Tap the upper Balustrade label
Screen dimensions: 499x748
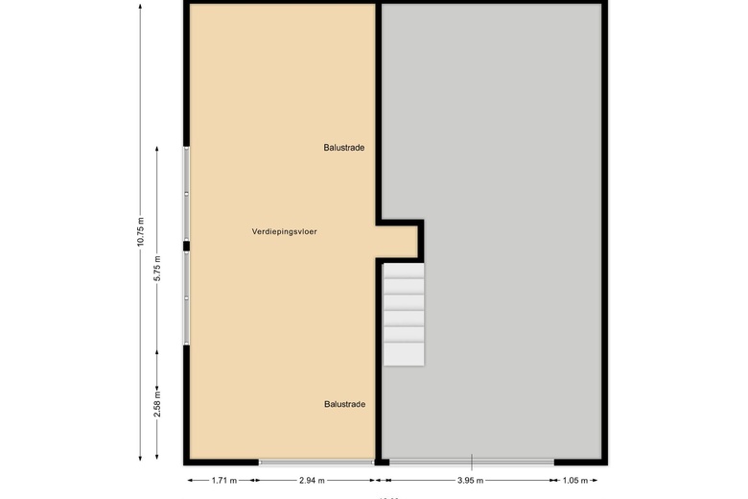[x=343, y=148]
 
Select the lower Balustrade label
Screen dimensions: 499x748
[x=343, y=405]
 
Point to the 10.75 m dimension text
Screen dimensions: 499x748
[x=140, y=231]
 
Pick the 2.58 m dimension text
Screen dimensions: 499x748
[x=157, y=403]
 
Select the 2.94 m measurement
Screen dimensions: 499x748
[x=312, y=480]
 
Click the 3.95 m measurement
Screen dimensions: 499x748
[x=471, y=480]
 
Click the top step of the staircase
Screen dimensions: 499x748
[x=404, y=271]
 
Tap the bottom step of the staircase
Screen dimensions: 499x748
[x=404, y=353]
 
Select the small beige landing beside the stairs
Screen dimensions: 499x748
[x=397, y=240]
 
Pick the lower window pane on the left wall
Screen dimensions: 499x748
[x=187, y=297]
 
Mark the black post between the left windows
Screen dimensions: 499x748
[x=187, y=246]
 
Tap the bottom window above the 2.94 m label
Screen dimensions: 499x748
[x=316, y=462]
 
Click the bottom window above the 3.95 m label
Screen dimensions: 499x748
[x=471, y=462]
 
